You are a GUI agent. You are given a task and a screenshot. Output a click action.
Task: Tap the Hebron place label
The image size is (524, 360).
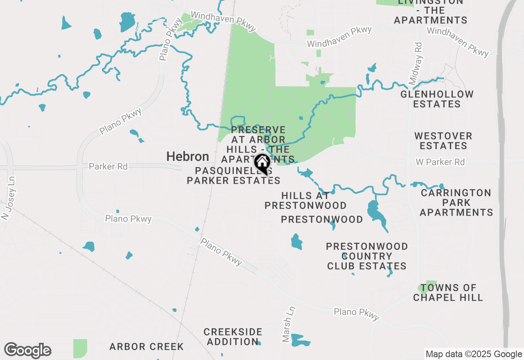[x=187, y=157]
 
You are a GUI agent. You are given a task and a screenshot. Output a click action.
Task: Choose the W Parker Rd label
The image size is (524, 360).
[x=440, y=162]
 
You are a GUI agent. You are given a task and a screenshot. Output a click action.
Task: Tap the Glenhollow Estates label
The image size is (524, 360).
[x=437, y=99]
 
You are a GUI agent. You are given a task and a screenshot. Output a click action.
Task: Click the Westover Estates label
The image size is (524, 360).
[x=443, y=141]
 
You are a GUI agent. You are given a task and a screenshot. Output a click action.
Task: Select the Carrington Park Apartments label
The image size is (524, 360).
[x=456, y=202]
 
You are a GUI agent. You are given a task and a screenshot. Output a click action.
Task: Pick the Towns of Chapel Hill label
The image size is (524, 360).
[x=448, y=293]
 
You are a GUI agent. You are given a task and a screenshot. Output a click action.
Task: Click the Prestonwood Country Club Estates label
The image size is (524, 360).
[x=366, y=256]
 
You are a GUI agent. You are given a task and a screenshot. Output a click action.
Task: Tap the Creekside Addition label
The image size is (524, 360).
[x=233, y=336]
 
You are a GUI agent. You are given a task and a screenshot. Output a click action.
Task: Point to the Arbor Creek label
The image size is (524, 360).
[x=147, y=347]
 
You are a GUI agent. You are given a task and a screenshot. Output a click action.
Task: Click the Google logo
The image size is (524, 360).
[x=27, y=350]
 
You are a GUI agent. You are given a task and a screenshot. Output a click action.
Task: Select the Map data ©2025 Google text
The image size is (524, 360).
[x=474, y=354]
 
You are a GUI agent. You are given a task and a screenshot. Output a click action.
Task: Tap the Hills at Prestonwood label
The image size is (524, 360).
[x=305, y=200]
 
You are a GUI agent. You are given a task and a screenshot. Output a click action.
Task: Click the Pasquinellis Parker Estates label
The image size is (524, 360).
[x=233, y=175]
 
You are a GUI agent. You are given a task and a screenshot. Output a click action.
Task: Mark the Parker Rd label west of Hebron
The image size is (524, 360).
[x=108, y=166]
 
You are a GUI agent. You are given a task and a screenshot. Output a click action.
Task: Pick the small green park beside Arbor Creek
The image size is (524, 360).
[x=80, y=348]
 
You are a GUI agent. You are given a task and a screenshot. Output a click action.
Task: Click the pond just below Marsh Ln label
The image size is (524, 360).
[x=300, y=340]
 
